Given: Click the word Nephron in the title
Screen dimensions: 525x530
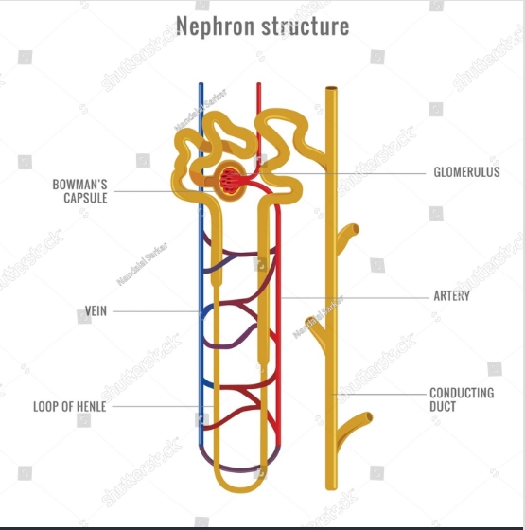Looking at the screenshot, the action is point(215,26).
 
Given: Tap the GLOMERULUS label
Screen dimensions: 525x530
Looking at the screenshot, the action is point(466,172).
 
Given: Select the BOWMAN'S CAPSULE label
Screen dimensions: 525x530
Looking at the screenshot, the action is point(80,191).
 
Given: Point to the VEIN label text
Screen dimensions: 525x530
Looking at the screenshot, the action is point(96,311).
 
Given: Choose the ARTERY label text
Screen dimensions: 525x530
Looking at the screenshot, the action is point(452,295).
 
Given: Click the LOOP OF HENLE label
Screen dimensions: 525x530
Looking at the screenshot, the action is point(70,406).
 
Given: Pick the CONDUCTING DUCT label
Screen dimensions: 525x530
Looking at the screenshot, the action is point(462,399).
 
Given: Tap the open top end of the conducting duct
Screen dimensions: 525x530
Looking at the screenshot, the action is point(331,88).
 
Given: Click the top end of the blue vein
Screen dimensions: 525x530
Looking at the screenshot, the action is point(201,83).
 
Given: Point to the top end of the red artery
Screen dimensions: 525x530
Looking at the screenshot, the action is point(259,83).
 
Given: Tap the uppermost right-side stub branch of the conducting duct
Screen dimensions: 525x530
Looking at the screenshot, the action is point(347,235).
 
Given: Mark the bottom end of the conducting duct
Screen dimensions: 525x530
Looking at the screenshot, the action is point(331,488).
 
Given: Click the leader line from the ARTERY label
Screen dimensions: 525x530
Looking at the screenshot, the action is point(354,298).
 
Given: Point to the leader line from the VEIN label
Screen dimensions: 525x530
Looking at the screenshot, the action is point(156,311).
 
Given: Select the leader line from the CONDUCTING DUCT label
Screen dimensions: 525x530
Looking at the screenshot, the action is point(379,394).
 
